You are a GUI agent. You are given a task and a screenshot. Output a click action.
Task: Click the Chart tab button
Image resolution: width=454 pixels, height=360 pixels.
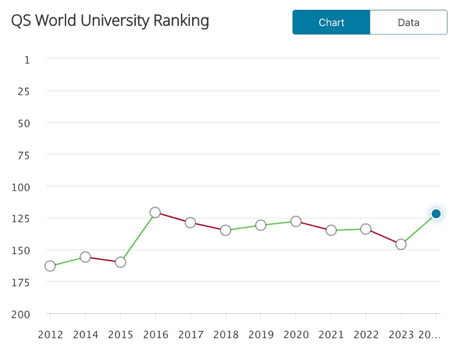(331, 22)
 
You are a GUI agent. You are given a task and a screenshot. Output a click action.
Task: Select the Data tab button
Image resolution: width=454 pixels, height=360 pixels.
(408, 22)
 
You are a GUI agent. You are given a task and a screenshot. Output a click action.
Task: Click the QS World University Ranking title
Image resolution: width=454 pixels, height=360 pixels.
(110, 21)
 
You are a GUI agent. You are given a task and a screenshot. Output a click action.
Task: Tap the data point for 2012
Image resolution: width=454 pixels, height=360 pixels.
(50, 266)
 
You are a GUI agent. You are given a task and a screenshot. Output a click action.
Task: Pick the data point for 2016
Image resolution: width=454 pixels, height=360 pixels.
(155, 213)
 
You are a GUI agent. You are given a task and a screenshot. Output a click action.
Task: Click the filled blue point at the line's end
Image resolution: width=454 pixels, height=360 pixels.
(435, 214)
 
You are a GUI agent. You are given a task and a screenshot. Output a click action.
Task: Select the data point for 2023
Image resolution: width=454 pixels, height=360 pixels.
(401, 244)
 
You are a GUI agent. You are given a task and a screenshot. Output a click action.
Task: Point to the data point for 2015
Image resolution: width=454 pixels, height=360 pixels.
(121, 262)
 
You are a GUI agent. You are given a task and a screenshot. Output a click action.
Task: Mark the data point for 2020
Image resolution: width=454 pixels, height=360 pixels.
(296, 221)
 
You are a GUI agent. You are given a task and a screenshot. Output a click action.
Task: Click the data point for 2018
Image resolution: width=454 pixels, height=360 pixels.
(225, 231)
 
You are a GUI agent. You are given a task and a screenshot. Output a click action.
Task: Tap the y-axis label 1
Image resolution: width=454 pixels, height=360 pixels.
(27, 59)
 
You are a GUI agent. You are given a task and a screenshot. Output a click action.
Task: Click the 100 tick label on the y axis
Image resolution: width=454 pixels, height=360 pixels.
(21, 187)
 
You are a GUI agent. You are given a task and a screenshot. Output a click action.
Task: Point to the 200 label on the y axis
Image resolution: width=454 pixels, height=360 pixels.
(21, 315)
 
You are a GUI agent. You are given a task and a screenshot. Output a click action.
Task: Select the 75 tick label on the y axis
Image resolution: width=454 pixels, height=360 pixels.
(23, 155)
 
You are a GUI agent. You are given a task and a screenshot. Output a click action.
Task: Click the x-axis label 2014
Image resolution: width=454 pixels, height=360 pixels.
(86, 335)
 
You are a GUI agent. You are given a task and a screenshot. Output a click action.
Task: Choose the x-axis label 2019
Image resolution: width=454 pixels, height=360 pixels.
(261, 335)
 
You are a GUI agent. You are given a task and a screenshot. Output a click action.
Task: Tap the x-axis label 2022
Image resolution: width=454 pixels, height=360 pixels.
(366, 335)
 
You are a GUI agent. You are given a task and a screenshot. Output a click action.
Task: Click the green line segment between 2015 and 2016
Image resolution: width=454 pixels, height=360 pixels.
(138, 238)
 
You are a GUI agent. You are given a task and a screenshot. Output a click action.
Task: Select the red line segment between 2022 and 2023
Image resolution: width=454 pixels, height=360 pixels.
(383, 237)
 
